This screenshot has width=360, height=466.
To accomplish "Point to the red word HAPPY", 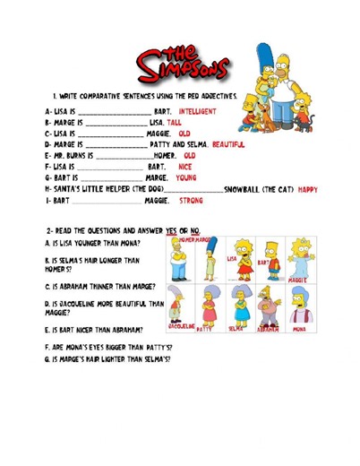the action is tap(307, 189).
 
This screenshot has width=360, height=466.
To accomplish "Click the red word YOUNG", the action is tap(186, 177).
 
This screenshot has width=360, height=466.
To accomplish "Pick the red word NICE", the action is tap(185, 167).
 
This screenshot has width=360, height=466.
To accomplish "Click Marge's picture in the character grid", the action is tap(210, 260).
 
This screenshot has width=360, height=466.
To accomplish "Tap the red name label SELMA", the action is tap(236, 330).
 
